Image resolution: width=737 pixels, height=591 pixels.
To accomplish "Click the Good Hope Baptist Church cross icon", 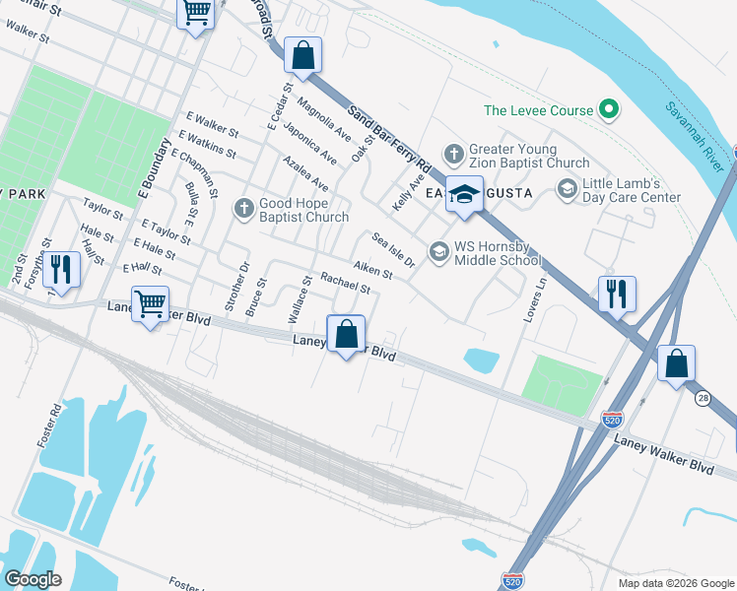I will coord(244,208).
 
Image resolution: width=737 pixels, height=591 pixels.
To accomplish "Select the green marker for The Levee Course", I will coord(609,110).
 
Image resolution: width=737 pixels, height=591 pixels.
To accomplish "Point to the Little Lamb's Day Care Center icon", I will coord(567,188).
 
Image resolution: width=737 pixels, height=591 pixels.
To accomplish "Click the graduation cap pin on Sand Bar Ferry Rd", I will coord(463,195).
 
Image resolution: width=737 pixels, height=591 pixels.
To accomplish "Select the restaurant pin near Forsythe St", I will coord(61,270).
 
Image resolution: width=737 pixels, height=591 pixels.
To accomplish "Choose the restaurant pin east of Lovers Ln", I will coord(617,294).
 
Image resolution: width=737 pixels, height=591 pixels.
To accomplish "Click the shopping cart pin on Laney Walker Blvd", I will coord(150,304).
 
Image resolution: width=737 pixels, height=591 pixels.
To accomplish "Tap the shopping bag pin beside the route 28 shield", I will coord(676,363).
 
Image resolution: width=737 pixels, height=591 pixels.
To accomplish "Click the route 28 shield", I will coord(702,398).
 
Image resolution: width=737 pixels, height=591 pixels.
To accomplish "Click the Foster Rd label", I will coord(49,424).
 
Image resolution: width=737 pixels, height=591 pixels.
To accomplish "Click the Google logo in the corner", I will coord(33,578).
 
